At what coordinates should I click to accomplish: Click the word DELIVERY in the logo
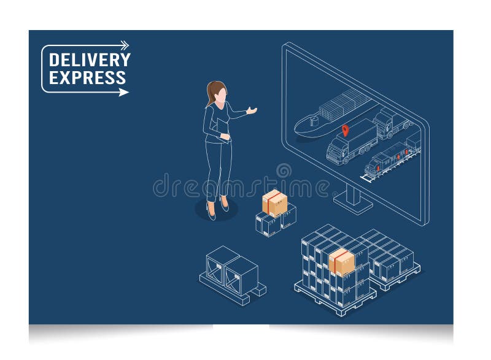pos(89,60)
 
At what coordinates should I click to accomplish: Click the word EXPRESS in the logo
pos(87,78)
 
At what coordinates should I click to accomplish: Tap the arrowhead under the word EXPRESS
pos(124,93)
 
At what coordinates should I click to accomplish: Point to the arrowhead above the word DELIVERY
pos(125,45)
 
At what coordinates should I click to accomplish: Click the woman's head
pos(218,93)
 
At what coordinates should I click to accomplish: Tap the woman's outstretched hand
pos(251,111)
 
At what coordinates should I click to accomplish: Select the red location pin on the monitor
pos(345,130)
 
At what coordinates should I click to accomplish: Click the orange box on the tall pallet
pos(342,262)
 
